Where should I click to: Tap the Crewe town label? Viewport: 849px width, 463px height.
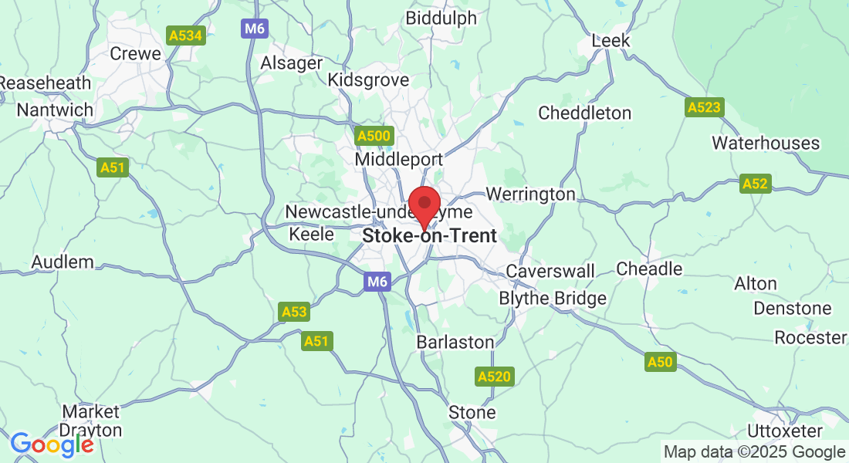[x=136, y=53]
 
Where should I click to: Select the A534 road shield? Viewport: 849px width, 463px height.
[x=186, y=35]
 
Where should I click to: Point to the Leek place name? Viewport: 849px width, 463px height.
[x=611, y=41]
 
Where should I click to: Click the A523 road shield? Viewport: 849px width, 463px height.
[x=703, y=108]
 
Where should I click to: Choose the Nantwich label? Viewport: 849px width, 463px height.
[x=55, y=110]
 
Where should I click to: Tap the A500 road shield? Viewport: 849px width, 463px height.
[x=374, y=137]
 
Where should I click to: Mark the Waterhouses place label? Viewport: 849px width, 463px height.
[x=765, y=143]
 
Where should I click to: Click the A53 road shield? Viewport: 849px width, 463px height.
[x=294, y=312]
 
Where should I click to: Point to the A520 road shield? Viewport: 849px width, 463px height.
[x=493, y=377]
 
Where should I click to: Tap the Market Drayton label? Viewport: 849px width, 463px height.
[x=91, y=421]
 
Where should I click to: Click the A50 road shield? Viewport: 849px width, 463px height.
[x=661, y=362]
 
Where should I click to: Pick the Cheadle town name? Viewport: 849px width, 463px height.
[x=649, y=269]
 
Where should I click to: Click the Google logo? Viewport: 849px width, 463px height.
[x=52, y=444]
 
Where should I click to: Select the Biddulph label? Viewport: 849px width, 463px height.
[x=441, y=18]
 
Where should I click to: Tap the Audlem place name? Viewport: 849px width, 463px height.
[x=63, y=262]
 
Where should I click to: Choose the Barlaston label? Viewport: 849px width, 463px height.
[x=455, y=341]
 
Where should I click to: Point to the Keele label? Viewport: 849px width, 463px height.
[x=311, y=234]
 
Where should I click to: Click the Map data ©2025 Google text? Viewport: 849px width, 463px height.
[x=754, y=452]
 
